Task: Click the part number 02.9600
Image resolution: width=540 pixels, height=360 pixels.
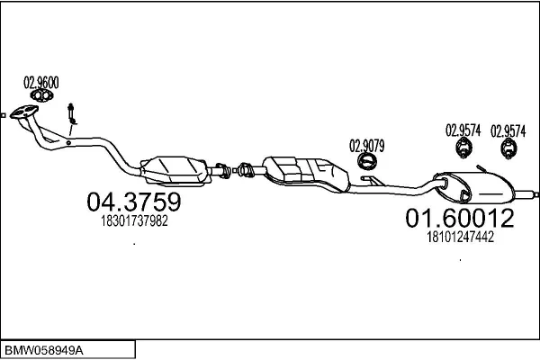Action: coord(41,83)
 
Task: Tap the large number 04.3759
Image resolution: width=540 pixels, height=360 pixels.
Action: coord(133,202)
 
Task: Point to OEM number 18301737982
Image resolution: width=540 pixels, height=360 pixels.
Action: coord(134,220)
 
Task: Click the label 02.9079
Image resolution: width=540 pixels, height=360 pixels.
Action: coord(367,146)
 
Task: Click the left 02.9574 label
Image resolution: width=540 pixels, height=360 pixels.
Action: coord(463,130)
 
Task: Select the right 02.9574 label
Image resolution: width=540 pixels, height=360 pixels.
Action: coord(508,131)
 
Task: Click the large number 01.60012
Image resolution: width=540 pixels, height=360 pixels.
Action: coord(460,218)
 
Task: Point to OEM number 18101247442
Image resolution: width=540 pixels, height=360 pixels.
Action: coord(461,237)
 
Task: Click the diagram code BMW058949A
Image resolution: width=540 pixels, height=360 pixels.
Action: coord(44,351)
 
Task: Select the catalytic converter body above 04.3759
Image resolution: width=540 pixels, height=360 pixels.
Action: coord(175,170)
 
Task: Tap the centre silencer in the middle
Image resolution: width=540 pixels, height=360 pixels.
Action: coord(306,174)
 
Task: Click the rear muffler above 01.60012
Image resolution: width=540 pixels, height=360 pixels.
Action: coord(474,187)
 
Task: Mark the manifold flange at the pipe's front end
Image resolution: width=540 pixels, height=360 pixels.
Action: coord(23,112)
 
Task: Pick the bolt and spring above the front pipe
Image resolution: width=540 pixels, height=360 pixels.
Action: coord(72,114)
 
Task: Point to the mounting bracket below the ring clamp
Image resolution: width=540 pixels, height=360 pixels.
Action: coord(373,180)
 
